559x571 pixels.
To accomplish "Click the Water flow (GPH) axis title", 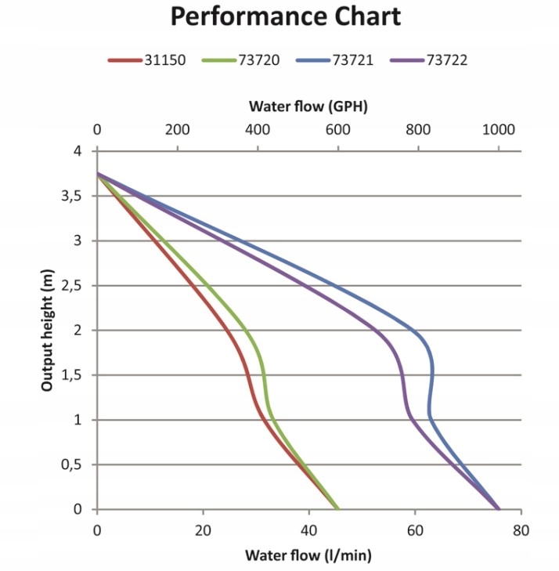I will click(x=308, y=106).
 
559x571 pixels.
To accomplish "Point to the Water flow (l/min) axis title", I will click(x=308, y=556).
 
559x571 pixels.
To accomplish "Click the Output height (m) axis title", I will click(x=48, y=330).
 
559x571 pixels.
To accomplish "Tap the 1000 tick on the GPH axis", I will click(x=499, y=129).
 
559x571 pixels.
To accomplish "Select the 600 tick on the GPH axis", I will click(x=338, y=129).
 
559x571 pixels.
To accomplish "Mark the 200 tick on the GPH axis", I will click(x=178, y=129).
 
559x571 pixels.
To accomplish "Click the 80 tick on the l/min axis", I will click(x=521, y=530).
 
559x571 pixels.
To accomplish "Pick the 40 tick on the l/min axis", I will click(x=308, y=530).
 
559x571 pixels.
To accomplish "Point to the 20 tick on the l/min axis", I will click(x=203, y=530).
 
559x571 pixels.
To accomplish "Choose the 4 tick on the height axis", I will click(x=78, y=151).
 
